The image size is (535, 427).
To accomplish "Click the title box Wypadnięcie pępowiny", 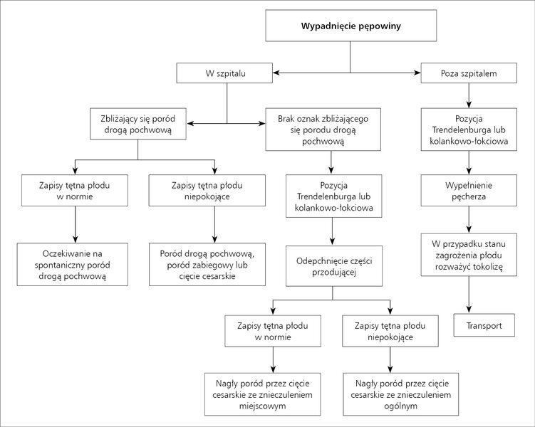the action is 350,26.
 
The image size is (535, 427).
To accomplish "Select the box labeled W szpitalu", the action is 224,73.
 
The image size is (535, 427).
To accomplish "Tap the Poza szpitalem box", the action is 469,73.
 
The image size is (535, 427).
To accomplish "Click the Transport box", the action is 484,325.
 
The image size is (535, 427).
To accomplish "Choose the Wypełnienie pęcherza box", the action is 469,191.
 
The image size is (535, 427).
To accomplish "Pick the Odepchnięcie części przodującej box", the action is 334,266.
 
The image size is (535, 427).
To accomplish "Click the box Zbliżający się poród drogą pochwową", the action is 137,124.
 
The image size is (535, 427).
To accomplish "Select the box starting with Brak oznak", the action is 323,130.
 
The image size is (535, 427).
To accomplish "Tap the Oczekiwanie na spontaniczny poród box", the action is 73,265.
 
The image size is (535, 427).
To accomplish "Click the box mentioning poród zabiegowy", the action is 207,265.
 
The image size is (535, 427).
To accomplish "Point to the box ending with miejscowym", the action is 263,394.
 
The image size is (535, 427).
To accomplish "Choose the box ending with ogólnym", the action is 401,394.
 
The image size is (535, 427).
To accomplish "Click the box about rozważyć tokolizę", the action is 469,255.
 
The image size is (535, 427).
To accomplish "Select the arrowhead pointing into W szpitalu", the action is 276,73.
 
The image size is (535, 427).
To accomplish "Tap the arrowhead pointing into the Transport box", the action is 469,310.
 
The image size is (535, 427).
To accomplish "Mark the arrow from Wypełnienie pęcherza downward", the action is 469,220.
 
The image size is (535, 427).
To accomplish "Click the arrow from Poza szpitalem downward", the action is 469,95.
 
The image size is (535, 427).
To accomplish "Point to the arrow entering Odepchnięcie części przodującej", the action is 333,231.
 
